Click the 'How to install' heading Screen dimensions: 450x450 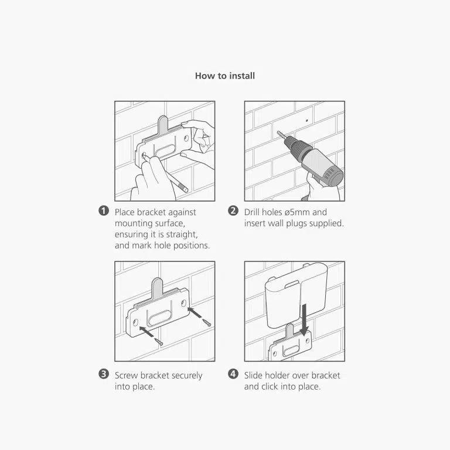[x=225, y=76]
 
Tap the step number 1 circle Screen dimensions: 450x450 [x=104, y=211]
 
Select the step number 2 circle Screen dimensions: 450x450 [x=233, y=211]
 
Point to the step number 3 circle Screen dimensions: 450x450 [x=104, y=374]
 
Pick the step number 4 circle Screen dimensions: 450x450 [x=233, y=374]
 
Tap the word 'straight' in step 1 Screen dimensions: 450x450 [x=182, y=234]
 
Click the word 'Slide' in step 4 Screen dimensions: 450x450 [x=253, y=376]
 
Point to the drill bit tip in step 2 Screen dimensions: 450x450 [x=278, y=132]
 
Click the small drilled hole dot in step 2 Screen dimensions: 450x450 [x=307, y=121]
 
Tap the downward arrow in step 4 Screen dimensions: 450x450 [x=304, y=319]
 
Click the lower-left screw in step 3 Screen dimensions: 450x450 [x=159, y=342]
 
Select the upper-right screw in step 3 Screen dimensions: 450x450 [x=207, y=322]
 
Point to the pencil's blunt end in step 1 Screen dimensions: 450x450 [x=185, y=189]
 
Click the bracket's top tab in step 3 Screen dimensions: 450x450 [x=157, y=285]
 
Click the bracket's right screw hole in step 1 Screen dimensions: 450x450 [x=186, y=139]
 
